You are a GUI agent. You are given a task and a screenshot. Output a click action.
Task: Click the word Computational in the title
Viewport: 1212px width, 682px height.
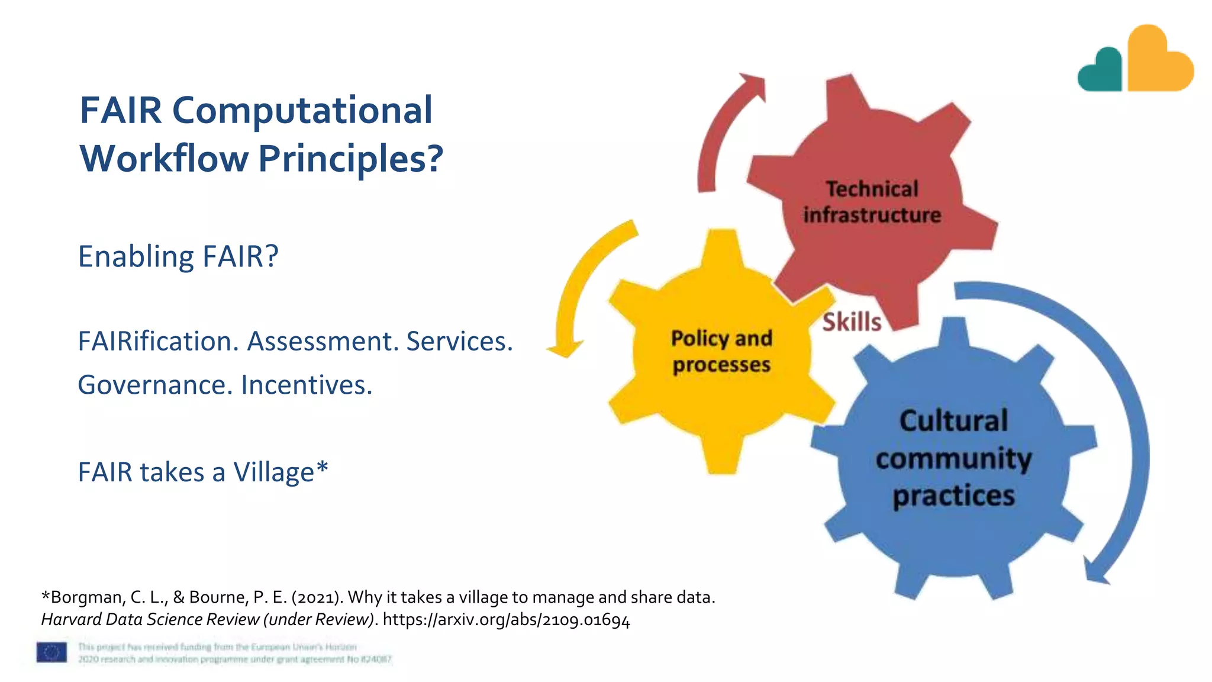[302, 111]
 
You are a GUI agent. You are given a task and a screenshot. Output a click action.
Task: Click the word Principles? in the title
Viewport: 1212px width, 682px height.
[350, 159]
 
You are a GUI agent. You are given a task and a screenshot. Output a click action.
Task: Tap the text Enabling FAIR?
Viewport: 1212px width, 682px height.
[178, 256]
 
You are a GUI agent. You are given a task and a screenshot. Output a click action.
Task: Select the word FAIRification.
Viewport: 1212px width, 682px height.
[158, 342]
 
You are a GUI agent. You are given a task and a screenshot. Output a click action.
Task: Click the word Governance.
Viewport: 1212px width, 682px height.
[155, 385]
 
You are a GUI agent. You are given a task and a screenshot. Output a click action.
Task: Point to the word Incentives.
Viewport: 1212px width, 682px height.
[307, 385]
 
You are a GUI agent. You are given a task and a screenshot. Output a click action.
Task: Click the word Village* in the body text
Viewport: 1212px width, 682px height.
[281, 472]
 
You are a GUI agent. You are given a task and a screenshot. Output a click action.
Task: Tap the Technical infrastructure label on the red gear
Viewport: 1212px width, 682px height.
[872, 202]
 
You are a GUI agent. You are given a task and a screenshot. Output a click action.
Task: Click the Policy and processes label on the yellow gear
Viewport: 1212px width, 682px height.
[721, 351]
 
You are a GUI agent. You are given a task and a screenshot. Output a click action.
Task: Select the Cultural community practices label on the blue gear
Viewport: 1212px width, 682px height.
[953, 458]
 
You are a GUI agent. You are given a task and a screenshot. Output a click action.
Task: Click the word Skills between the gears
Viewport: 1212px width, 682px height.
[852, 322]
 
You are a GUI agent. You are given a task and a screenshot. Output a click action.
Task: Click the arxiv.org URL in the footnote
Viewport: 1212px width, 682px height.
[506, 620]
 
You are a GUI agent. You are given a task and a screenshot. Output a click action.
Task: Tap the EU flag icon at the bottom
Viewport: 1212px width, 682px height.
[51, 652]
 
